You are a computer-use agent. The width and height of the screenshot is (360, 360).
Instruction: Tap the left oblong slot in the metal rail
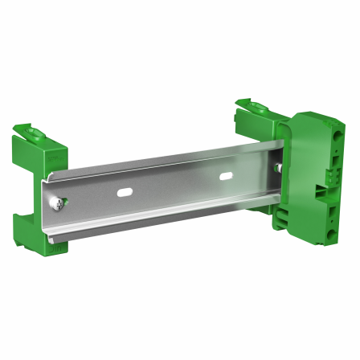click(123, 192)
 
